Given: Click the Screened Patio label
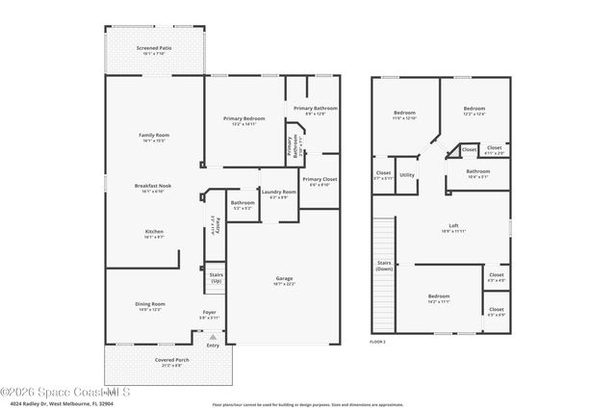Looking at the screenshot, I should [154, 47].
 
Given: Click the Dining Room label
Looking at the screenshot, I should [150, 304].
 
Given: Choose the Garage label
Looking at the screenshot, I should [284, 278].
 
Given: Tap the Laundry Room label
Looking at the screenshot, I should [279, 192].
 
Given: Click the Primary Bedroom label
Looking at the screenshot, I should [244, 118].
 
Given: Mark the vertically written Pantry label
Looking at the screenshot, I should [218, 224].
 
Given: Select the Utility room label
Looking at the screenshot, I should [407, 174].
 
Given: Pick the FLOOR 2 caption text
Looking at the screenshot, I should [378, 342].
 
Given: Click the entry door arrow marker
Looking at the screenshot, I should [214, 337].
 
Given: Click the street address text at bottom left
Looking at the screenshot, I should [48, 402].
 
